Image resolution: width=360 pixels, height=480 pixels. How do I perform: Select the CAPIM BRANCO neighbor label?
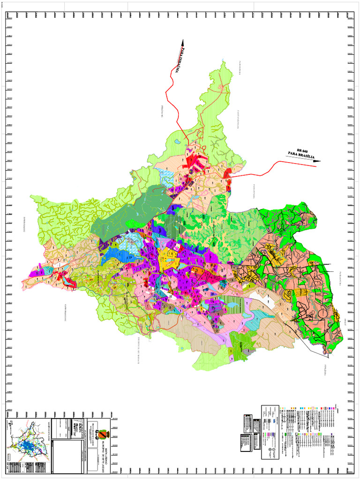[65, 311]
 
